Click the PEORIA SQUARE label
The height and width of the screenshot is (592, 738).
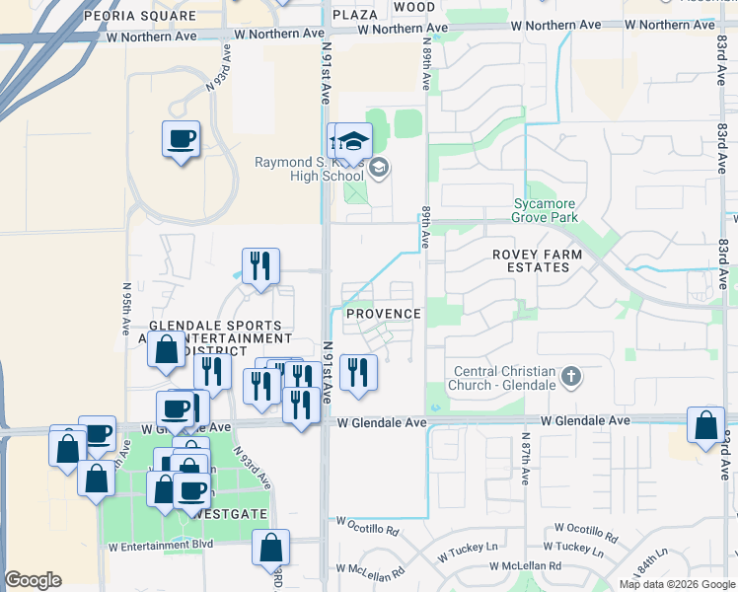(x=140, y=17)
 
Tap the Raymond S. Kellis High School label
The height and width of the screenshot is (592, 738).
(x=309, y=170)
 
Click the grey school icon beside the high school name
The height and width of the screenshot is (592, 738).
(x=378, y=169)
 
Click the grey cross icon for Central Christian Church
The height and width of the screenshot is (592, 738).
(x=571, y=377)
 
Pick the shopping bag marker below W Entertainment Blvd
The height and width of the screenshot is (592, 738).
(x=270, y=548)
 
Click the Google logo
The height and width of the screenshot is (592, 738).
(x=33, y=580)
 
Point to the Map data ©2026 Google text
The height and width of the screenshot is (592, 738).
(x=677, y=584)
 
